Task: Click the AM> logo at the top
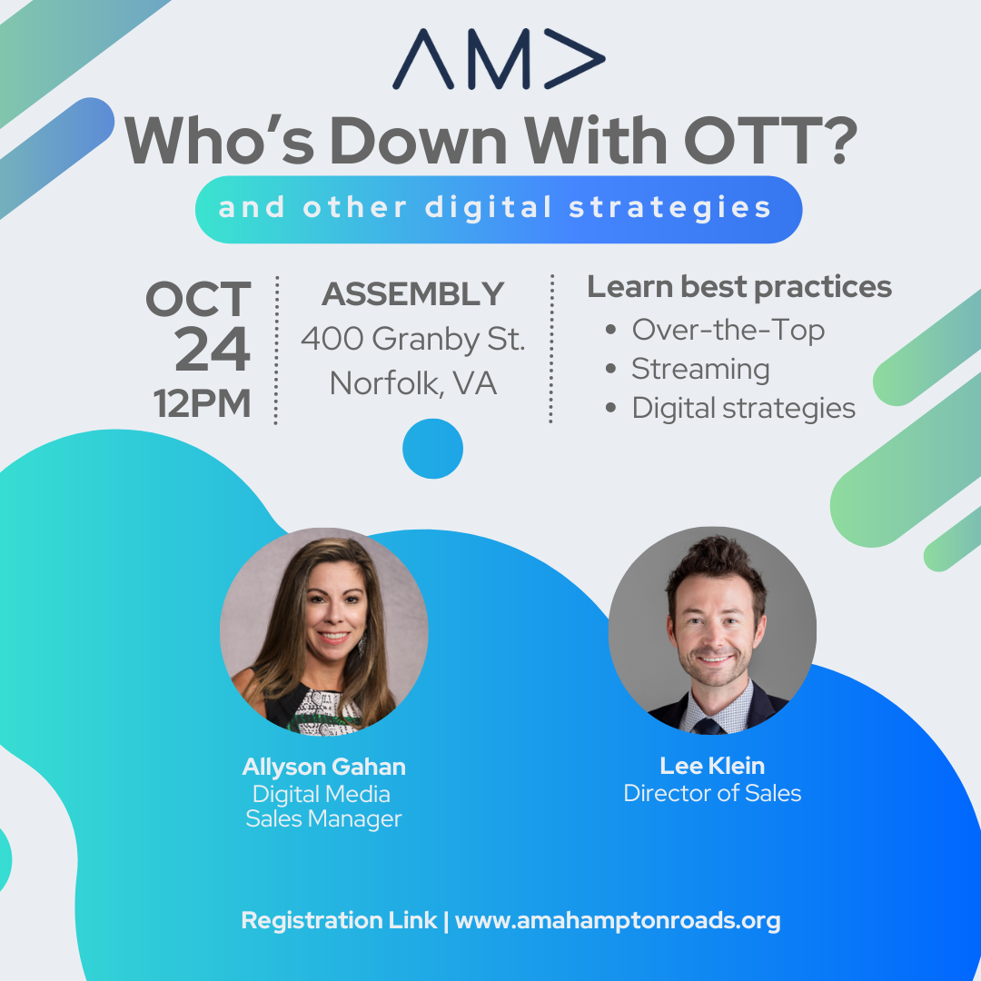click(499, 59)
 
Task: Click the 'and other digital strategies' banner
click(499, 209)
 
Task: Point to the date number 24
click(213, 350)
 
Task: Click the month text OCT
click(198, 299)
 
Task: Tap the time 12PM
click(202, 403)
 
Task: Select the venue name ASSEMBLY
click(413, 294)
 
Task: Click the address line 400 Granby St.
click(413, 339)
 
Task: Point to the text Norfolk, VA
click(413, 383)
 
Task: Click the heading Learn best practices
click(738, 287)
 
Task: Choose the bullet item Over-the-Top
click(728, 330)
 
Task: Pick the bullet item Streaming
click(700, 369)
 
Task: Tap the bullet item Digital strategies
click(743, 409)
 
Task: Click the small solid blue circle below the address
click(432, 449)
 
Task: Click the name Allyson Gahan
click(323, 767)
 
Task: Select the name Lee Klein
click(712, 766)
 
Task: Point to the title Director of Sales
click(712, 793)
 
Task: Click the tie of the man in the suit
click(709, 727)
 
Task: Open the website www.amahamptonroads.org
click(618, 921)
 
